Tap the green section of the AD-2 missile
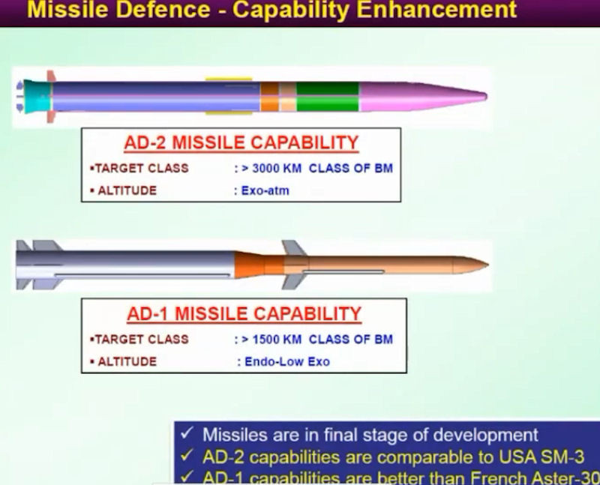327,97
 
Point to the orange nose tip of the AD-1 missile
472,265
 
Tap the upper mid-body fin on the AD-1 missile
293,248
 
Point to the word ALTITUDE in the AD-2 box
127,191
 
